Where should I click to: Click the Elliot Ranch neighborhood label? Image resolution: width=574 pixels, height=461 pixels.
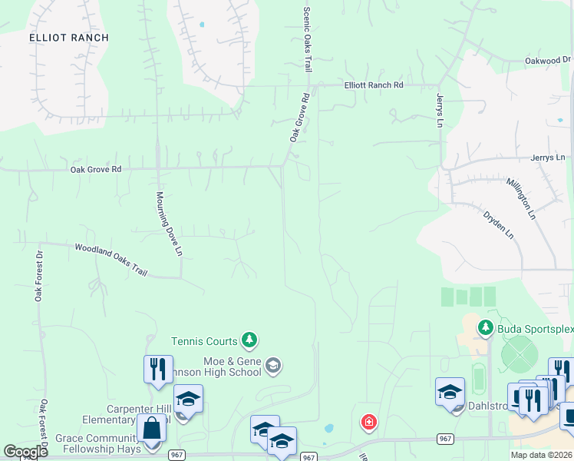click(69, 38)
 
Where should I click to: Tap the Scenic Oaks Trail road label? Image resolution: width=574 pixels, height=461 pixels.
click(307, 40)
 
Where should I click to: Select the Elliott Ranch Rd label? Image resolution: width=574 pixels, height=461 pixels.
click(374, 85)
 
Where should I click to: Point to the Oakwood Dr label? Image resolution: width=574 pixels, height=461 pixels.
click(548, 60)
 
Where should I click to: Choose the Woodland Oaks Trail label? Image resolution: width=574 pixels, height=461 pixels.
click(111, 259)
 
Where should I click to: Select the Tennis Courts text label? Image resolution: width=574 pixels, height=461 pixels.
click(204, 340)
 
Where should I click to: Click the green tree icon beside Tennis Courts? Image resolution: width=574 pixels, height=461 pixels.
click(249, 340)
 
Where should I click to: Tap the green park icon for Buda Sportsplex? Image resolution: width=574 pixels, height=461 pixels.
click(485, 329)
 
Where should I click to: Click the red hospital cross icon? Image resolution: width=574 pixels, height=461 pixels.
click(369, 422)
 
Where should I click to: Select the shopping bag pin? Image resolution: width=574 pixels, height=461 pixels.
click(151, 428)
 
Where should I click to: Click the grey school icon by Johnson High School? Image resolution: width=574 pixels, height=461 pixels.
click(272, 366)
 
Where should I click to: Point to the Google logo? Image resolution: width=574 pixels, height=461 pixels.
click(25, 453)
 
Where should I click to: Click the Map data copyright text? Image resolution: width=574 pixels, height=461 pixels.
click(540, 455)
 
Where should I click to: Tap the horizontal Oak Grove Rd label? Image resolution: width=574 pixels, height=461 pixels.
click(96, 169)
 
